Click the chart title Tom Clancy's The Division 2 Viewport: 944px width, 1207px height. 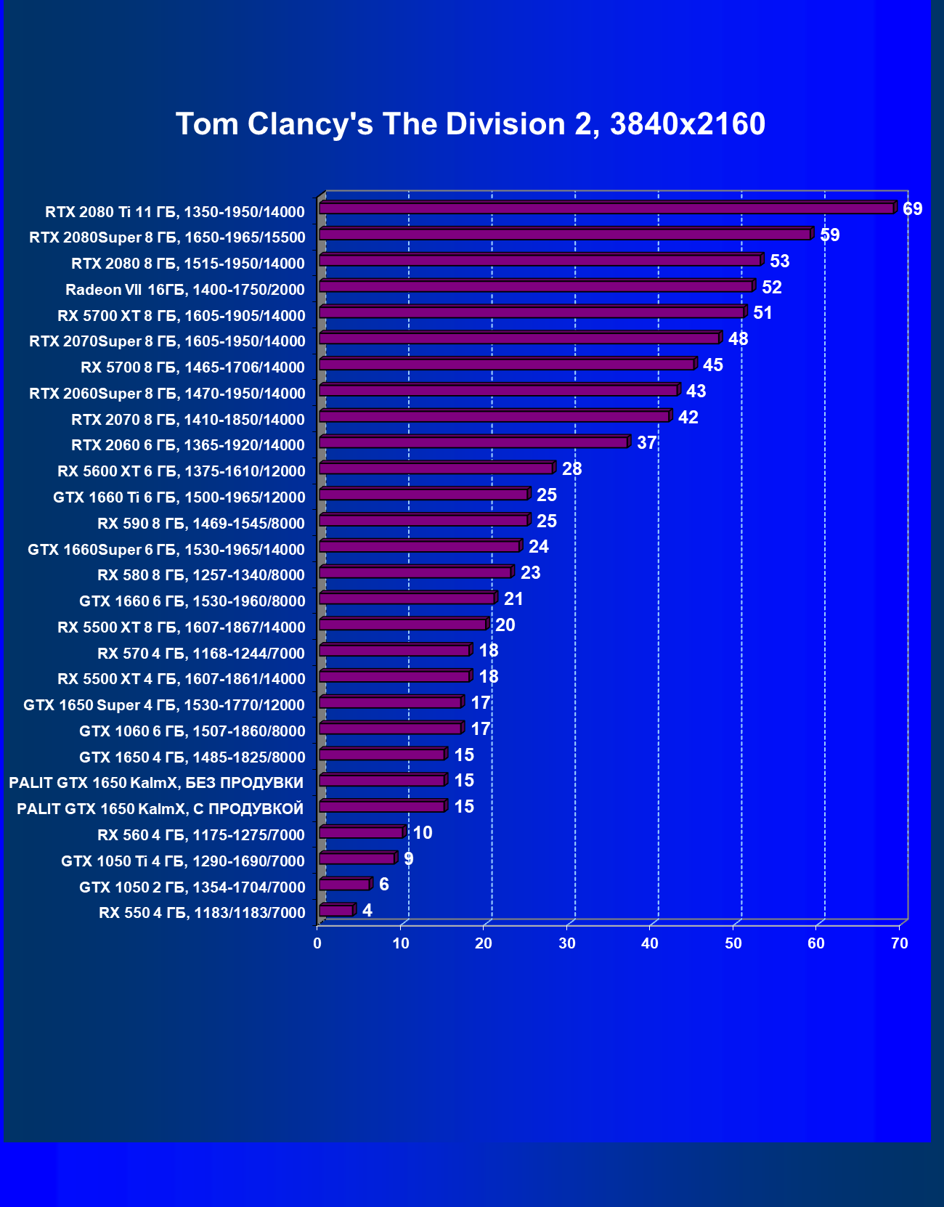click(471, 124)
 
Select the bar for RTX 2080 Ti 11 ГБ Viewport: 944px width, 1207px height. click(606, 208)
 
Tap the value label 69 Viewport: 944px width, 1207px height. click(912, 209)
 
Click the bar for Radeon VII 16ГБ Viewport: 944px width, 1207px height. click(536, 286)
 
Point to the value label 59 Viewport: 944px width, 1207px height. click(829, 235)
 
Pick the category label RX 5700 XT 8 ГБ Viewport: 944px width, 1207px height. click(182, 315)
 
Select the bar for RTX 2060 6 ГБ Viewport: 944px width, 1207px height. click(473, 442)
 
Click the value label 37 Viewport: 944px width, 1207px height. click(646, 443)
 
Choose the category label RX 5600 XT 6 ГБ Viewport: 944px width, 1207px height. click(182, 471)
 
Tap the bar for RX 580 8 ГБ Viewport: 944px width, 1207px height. click(415, 572)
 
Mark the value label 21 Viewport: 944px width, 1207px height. click(513, 599)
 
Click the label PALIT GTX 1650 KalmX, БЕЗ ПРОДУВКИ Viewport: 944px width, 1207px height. click(156, 783)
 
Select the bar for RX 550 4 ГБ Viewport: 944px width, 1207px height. click(336, 910)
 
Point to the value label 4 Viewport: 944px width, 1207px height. click(367, 911)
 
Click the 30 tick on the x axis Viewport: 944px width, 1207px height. click(567, 943)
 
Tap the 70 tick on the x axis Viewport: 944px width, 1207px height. click(900, 943)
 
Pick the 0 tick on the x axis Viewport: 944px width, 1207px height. click(317, 943)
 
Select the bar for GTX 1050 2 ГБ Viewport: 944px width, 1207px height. click(345, 884)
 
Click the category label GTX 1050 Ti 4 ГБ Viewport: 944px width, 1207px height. click(183, 861)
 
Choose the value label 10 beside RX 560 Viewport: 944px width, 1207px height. click(423, 833)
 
